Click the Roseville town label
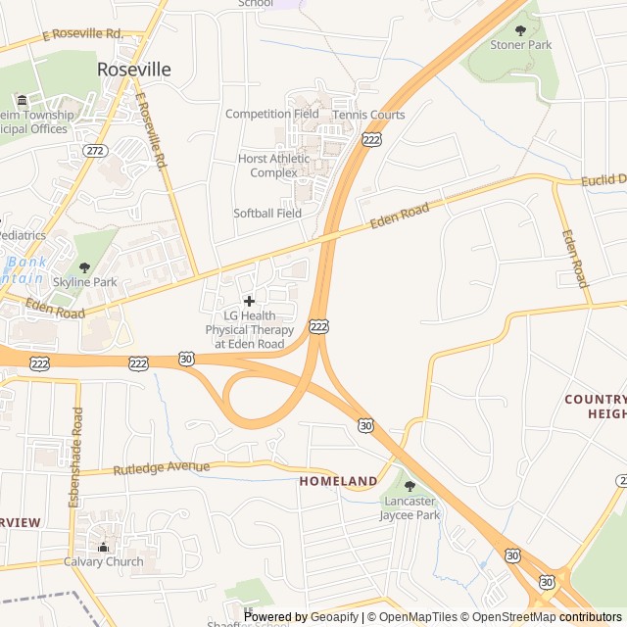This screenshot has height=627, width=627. tap(134, 70)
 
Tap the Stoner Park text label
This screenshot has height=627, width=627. tap(520, 45)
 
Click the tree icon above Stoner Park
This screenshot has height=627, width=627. tap(520, 30)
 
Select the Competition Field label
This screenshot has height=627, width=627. tap(271, 114)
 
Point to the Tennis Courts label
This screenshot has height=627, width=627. tap(368, 115)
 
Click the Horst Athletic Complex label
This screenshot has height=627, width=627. tap(273, 166)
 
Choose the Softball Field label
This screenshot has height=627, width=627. tap(267, 213)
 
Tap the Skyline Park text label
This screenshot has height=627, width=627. tap(84, 282)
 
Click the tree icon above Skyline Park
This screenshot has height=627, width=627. tap(84, 267)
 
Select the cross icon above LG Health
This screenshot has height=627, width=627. tap(249, 301)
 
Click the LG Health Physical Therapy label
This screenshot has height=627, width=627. tap(249, 329)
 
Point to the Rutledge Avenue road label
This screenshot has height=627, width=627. tap(161, 468)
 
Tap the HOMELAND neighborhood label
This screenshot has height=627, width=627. tap(338, 481)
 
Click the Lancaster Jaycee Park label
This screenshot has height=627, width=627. tap(410, 507)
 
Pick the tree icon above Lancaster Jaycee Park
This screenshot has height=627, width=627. tap(410, 487)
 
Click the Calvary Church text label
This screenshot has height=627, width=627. tap(103, 561)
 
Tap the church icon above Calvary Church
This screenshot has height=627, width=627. tap(103, 546)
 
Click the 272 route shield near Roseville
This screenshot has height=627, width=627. tap(96, 151)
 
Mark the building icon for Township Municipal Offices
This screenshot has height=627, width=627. tap(22, 101)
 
